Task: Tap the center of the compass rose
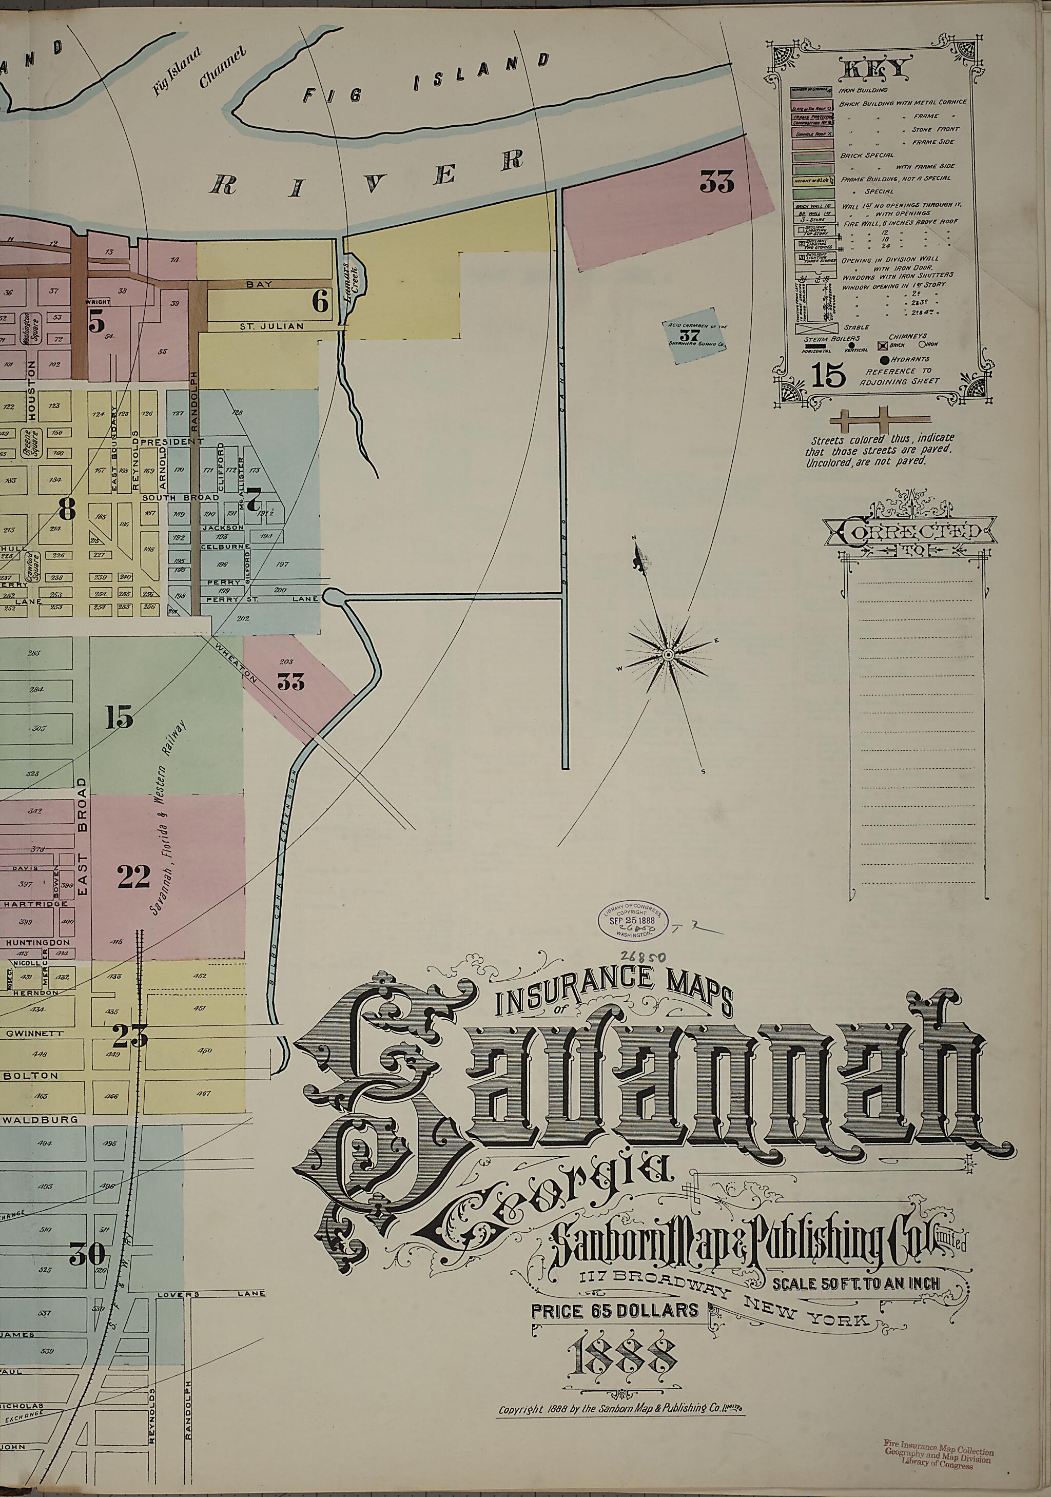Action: tap(668, 653)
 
